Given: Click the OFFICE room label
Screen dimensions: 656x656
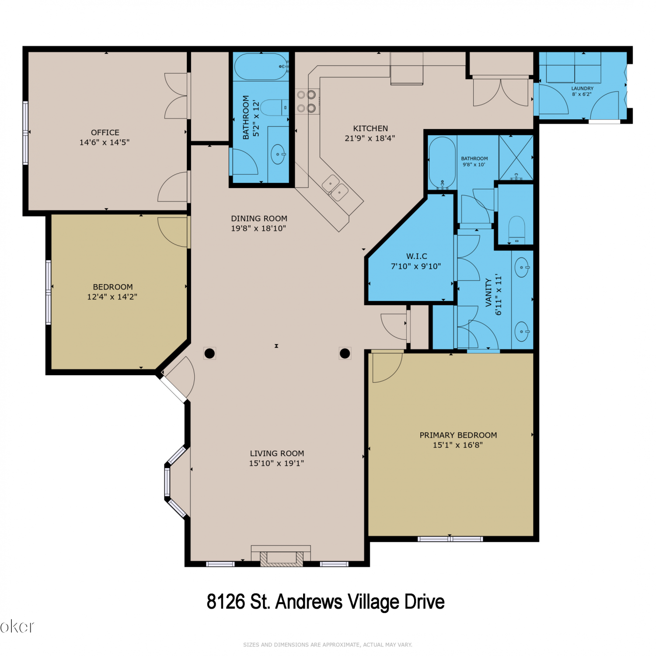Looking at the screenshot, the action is pyautogui.click(x=105, y=133).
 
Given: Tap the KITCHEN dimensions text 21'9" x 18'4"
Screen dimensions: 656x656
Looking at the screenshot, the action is pyautogui.click(x=370, y=138).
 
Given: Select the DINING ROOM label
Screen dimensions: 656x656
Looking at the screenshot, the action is pyautogui.click(x=259, y=218).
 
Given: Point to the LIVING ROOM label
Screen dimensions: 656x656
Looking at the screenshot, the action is pyautogui.click(x=277, y=454).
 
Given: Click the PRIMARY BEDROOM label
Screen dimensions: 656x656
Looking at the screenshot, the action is pyautogui.click(x=458, y=435).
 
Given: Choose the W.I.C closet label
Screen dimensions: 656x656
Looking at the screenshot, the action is pyautogui.click(x=417, y=256).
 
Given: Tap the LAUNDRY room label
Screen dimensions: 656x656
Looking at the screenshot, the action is pyautogui.click(x=583, y=88).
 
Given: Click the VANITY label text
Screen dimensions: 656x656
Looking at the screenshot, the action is pyautogui.click(x=489, y=293).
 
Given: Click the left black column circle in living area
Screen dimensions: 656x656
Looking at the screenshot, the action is pyautogui.click(x=209, y=353).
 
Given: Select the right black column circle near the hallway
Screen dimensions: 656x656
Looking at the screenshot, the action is pyautogui.click(x=345, y=353).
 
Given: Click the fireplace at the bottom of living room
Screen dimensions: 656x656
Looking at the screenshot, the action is pyautogui.click(x=281, y=556).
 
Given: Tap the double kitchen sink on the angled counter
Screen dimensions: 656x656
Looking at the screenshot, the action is pyautogui.click(x=335, y=188).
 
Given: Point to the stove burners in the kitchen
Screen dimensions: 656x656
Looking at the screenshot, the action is pyautogui.click(x=306, y=101).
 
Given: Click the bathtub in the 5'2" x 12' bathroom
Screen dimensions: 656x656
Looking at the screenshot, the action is pyautogui.click(x=262, y=67).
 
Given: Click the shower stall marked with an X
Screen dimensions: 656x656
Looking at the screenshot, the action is pyautogui.click(x=516, y=158).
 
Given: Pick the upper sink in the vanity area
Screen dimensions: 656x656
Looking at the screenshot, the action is pyautogui.click(x=522, y=267).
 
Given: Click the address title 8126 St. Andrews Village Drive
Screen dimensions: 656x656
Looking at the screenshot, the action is pyautogui.click(x=325, y=602).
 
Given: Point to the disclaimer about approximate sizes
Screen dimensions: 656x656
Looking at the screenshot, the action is pyautogui.click(x=328, y=645).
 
